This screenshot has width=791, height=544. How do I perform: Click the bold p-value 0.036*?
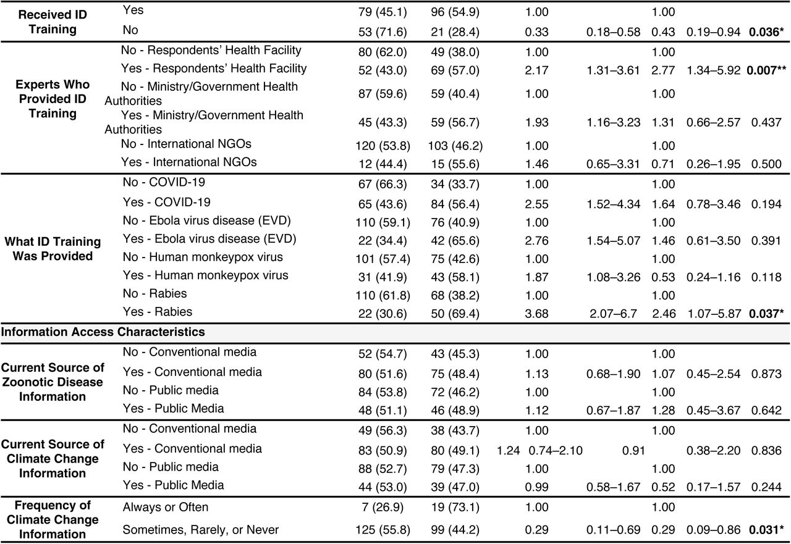(x=766, y=32)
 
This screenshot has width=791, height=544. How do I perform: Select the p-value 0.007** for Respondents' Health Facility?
(x=766, y=70)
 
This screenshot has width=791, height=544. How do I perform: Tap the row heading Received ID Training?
(x=53, y=22)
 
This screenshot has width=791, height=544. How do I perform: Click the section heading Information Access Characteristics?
(x=103, y=332)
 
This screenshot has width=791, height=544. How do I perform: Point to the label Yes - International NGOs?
(x=188, y=162)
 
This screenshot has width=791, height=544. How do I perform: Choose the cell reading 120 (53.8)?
(x=383, y=146)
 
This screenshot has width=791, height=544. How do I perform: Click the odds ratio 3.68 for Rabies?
(x=537, y=314)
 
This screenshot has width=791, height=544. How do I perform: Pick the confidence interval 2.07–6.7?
(x=614, y=314)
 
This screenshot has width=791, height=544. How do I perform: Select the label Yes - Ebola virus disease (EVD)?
(x=209, y=239)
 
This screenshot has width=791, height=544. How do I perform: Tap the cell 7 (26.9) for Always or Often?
(x=383, y=508)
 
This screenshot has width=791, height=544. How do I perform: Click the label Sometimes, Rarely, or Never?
(x=201, y=530)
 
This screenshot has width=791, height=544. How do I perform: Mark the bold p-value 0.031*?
(x=766, y=530)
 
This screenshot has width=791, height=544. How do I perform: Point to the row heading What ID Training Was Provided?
(x=53, y=249)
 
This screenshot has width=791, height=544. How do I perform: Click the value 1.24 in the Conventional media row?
(x=508, y=451)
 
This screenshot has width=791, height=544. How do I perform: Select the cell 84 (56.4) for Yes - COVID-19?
(x=455, y=204)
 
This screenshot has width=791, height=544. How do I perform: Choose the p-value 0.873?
(x=766, y=374)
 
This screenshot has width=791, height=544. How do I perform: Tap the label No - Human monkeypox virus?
(x=203, y=257)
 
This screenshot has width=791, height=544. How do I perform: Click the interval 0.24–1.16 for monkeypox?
(x=713, y=277)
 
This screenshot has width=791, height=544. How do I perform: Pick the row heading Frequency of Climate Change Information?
(x=53, y=520)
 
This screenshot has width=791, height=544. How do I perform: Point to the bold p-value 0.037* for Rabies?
(x=766, y=314)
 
